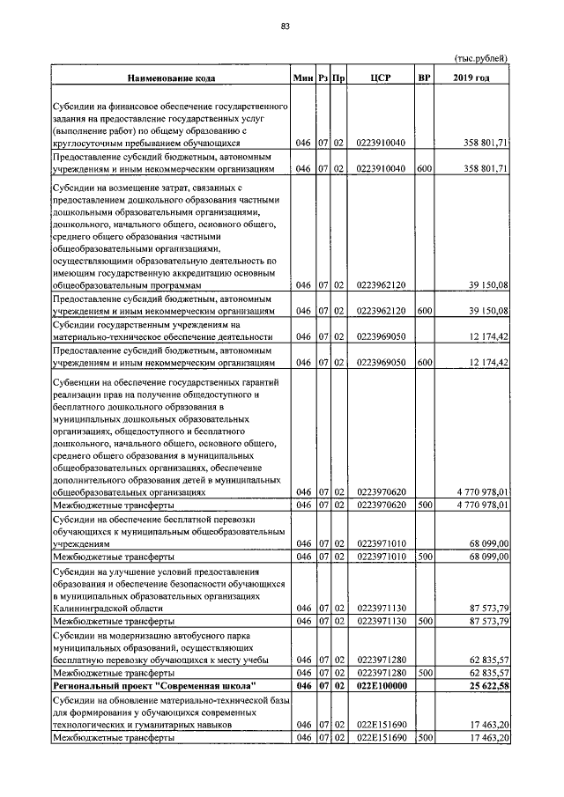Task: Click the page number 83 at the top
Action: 285,27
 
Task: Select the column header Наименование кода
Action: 171,78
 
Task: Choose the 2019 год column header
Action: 473,78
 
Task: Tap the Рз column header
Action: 324,78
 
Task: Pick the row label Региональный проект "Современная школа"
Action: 154,684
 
